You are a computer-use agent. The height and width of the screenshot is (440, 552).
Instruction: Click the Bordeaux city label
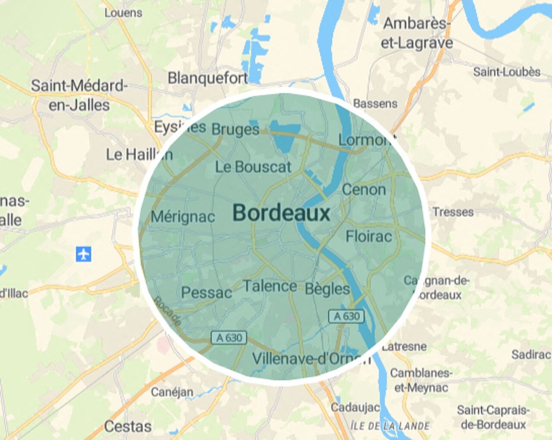[281, 213]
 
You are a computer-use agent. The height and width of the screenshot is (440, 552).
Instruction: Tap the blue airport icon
[83, 254]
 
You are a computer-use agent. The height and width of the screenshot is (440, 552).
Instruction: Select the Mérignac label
[183, 217]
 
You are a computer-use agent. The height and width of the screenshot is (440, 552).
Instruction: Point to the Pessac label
[207, 293]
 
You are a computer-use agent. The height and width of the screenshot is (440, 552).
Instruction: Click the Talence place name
[270, 286]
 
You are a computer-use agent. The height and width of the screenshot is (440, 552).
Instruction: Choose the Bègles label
[327, 289]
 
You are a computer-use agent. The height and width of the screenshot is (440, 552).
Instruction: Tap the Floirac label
[369, 236]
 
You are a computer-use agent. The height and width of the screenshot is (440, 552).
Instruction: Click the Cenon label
[364, 189]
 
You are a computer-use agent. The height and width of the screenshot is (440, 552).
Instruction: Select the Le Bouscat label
[253, 166]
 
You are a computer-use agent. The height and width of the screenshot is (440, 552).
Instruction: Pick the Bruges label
[236, 130]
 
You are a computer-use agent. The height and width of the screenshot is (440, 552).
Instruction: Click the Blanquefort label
[207, 78]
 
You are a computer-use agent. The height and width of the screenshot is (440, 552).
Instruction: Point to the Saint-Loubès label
[506, 72]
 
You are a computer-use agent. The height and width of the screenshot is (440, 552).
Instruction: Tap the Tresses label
[453, 212]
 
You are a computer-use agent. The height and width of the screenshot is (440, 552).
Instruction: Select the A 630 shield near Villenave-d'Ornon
[229, 338]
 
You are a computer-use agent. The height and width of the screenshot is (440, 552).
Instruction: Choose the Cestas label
[127, 426]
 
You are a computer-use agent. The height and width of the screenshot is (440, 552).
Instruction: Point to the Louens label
[123, 13]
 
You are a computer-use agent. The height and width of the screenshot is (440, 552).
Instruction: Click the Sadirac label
[531, 354]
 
